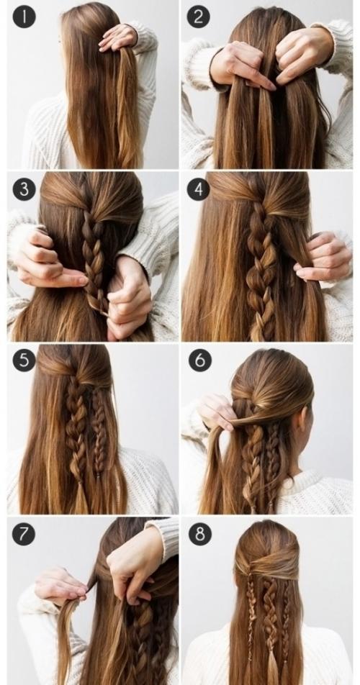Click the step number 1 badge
(24, 17)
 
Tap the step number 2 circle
(198, 17)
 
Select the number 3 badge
(24, 190)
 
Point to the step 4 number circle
(198, 190)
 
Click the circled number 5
(24, 361)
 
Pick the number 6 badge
(199, 360)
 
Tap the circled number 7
(23, 534)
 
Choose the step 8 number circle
(199, 534)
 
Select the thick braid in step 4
(261, 271)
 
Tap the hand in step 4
(323, 258)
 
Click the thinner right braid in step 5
(99, 427)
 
